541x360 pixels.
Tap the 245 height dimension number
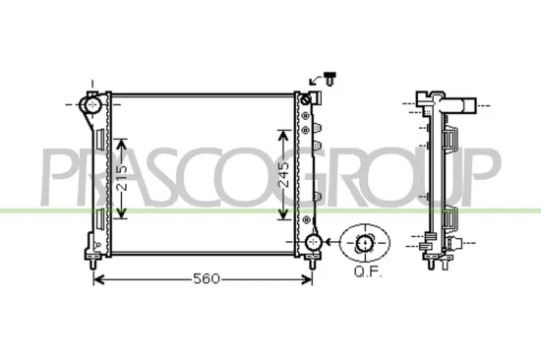284,178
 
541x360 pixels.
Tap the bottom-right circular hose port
313,242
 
